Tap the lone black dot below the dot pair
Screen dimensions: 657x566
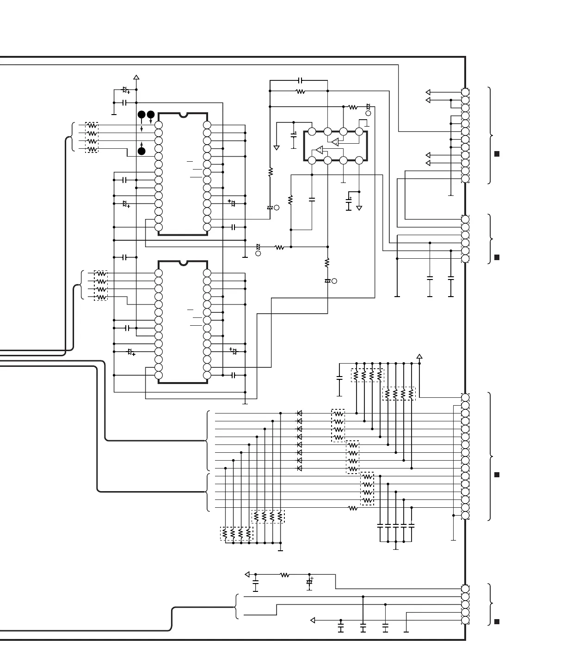coord(141,151)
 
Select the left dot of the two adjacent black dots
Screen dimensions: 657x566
coord(141,114)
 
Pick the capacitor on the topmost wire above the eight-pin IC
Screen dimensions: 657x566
coord(301,80)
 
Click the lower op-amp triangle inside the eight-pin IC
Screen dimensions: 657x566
coord(319,150)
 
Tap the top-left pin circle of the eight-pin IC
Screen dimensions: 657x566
coord(312,132)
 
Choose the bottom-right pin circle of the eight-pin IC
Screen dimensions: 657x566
coord(359,160)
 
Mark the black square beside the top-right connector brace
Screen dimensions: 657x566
coord(497,154)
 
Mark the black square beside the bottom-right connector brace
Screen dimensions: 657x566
coord(497,621)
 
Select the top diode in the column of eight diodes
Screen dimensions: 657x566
coord(300,413)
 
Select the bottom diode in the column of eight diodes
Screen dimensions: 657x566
coord(300,468)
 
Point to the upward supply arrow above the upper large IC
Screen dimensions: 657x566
coord(136,78)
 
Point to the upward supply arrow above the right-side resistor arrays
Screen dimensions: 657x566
coord(419,356)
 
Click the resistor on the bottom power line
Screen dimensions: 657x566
coord(285,575)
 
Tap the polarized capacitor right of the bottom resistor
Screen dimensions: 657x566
coord(309,582)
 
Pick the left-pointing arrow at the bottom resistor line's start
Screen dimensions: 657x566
coord(247,574)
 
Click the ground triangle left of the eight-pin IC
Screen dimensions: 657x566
coord(277,148)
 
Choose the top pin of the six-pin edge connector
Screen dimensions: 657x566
coord(465,219)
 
